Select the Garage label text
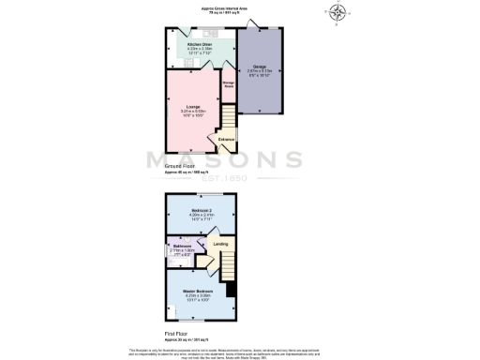258,66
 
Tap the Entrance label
226,140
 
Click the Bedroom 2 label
202,209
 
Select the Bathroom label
182,246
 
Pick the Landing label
220,245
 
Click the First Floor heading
177,333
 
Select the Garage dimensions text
258,71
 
